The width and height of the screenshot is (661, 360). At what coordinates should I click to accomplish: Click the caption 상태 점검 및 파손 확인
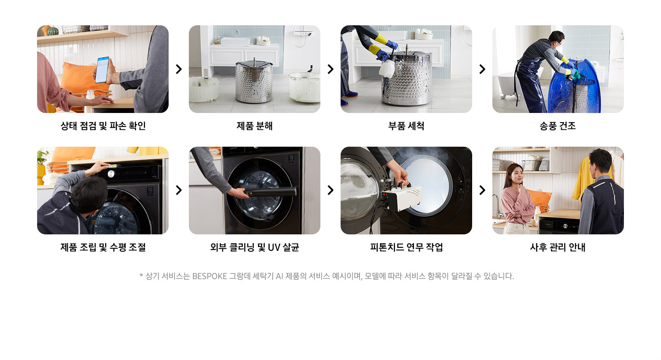click(103, 126)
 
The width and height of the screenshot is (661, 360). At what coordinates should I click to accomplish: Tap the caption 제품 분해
click(254, 126)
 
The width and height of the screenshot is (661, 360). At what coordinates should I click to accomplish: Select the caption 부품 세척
click(406, 126)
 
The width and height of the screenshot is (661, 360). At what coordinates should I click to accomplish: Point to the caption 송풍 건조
click(558, 126)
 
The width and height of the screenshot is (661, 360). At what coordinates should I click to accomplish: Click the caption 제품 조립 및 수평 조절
click(103, 247)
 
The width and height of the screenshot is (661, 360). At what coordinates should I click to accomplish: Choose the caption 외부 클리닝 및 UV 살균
click(254, 247)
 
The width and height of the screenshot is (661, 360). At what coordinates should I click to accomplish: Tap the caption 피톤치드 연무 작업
click(406, 247)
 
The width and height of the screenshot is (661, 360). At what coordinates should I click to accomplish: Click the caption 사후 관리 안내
click(558, 247)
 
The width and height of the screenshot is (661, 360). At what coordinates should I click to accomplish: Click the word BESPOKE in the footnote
click(210, 276)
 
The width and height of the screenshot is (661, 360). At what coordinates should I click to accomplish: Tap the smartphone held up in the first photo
click(102, 70)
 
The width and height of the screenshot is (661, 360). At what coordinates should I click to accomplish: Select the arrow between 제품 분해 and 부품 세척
click(330, 69)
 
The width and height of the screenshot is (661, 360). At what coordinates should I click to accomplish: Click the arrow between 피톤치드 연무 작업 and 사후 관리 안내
click(482, 190)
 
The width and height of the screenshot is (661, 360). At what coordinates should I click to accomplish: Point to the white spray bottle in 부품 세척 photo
click(387, 67)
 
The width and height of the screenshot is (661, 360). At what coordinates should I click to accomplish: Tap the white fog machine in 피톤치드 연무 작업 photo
click(402, 198)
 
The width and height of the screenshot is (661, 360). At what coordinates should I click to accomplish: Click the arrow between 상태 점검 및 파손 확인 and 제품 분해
click(179, 69)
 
